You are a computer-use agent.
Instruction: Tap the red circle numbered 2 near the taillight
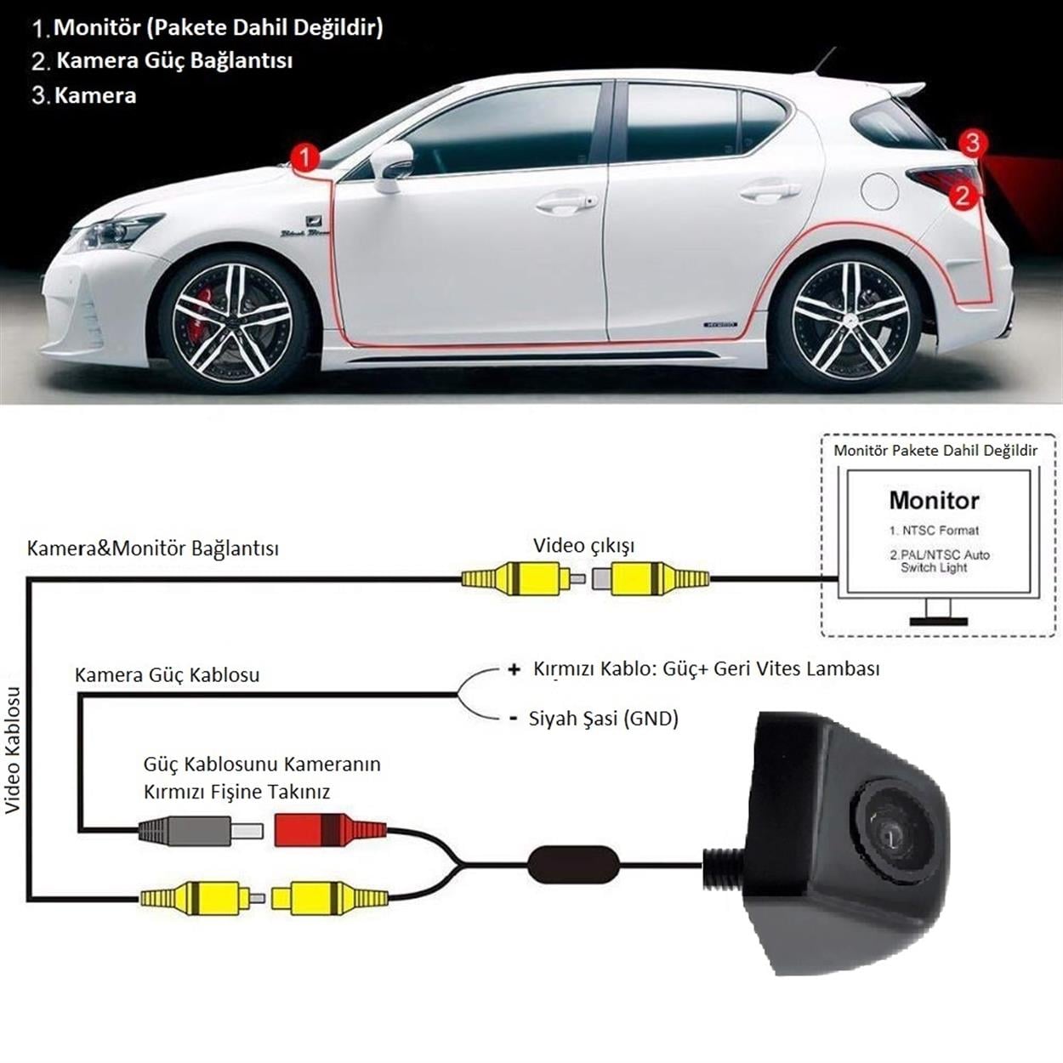coord(962,196)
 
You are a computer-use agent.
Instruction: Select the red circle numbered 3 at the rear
coord(973,143)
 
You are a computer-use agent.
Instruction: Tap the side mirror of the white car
coord(390,166)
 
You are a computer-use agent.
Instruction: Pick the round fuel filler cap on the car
coord(880,190)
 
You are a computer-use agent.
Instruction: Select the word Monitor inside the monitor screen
coord(934,500)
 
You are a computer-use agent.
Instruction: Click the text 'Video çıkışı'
coord(583,546)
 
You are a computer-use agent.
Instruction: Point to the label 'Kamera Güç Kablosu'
coord(168,674)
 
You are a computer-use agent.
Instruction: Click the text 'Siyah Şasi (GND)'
coord(604,719)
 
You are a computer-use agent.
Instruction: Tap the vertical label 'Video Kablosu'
coord(12,750)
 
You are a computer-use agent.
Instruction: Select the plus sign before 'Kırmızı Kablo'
coord(514,669)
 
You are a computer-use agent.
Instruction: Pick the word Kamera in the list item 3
coord(95,95)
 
